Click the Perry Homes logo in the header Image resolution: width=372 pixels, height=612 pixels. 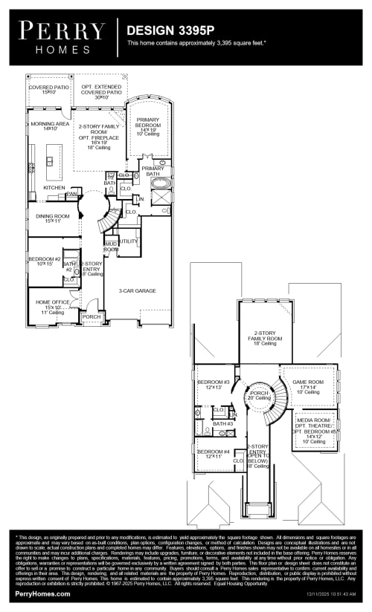click(62, 35)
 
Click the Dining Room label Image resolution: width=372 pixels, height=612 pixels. click(53, 218)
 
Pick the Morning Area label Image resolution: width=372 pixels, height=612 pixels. click(50, 126)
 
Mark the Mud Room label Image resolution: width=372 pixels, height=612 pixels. click(111, 247)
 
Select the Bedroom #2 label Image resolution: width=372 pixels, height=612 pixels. click(44, 261)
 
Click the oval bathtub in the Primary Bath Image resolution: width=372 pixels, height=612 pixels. click(161, 182)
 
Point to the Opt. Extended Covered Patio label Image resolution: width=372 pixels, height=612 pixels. click(101, 91)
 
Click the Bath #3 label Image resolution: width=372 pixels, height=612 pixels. click(222, 423)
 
